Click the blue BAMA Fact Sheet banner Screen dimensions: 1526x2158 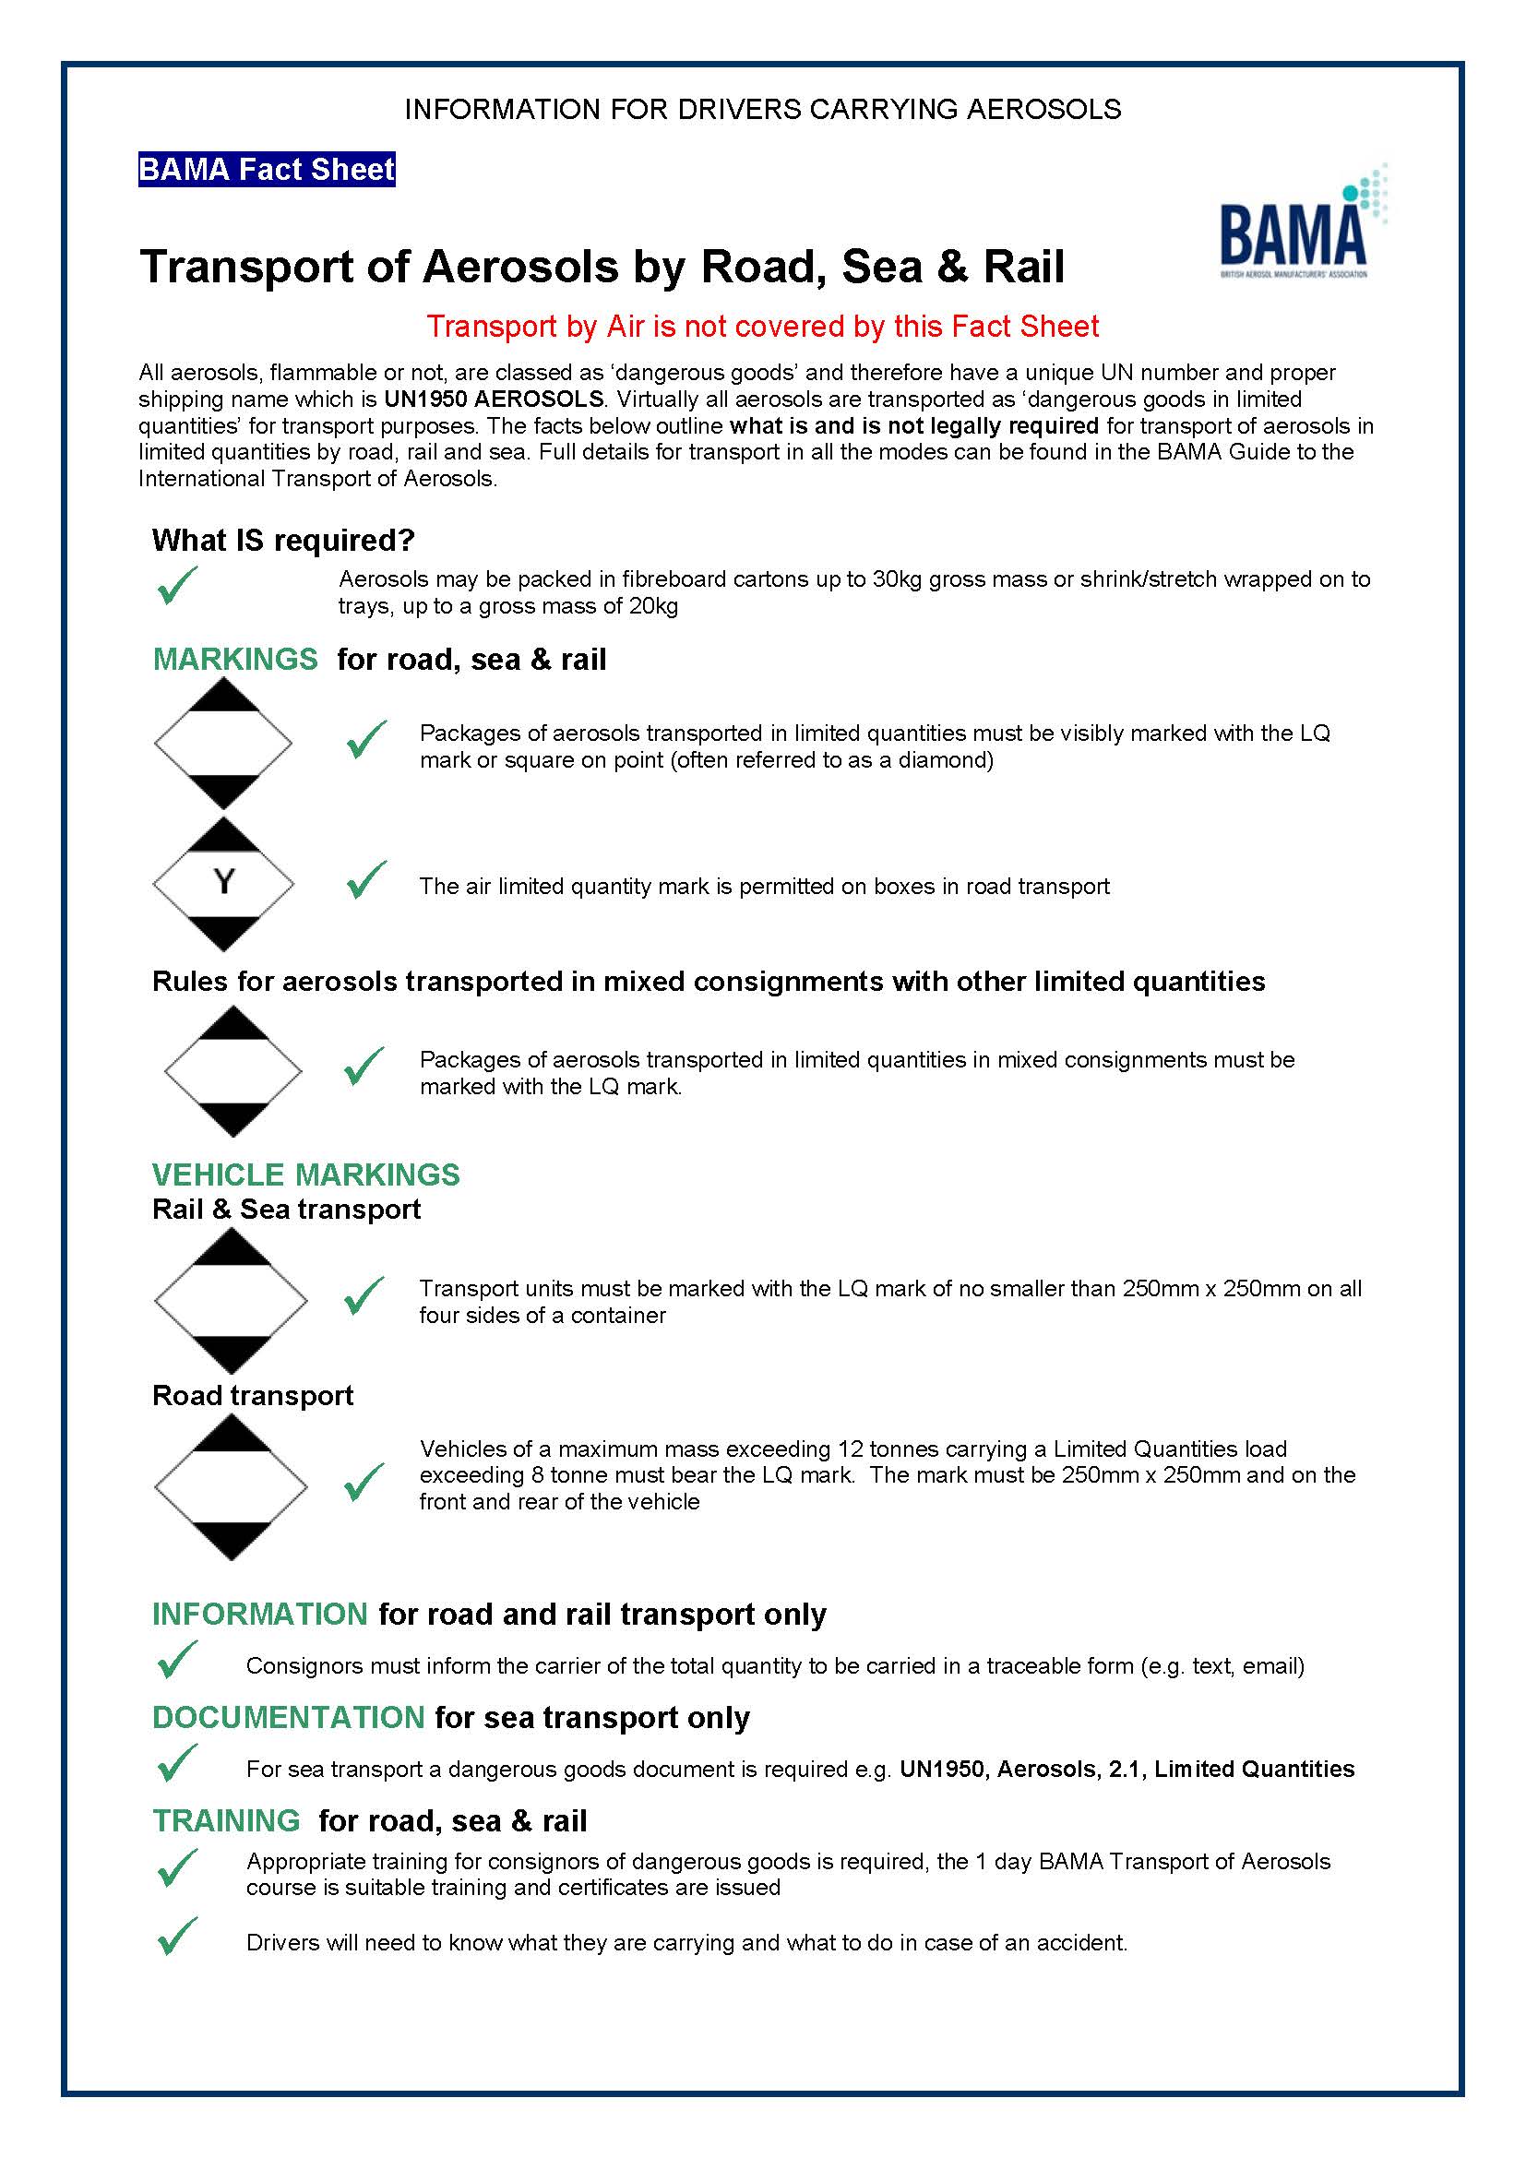(266, 170)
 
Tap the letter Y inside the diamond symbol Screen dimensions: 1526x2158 (223, 882)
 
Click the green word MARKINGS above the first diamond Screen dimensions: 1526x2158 (235, 659)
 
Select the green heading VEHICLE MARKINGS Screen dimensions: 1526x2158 (306, 1174)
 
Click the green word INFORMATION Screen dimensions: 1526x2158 (259, 1614)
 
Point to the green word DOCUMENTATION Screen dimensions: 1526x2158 (289, 1717)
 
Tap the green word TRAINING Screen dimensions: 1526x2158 (226, 1820)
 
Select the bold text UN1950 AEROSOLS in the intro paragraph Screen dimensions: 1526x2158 (494, 399)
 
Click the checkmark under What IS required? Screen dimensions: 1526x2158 (176, 587)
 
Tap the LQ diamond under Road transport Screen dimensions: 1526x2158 (232, 1487)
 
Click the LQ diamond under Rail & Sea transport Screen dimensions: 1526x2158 (232, 1301)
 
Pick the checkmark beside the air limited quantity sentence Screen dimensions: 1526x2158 (366, 881)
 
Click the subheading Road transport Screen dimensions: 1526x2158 (253, 1395)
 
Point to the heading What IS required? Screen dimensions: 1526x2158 (283, 541)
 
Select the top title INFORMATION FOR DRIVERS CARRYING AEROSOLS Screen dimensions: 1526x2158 (762, 110)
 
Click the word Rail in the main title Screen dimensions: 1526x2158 (1023, 267)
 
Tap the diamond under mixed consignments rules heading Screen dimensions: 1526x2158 (233, 1070)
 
